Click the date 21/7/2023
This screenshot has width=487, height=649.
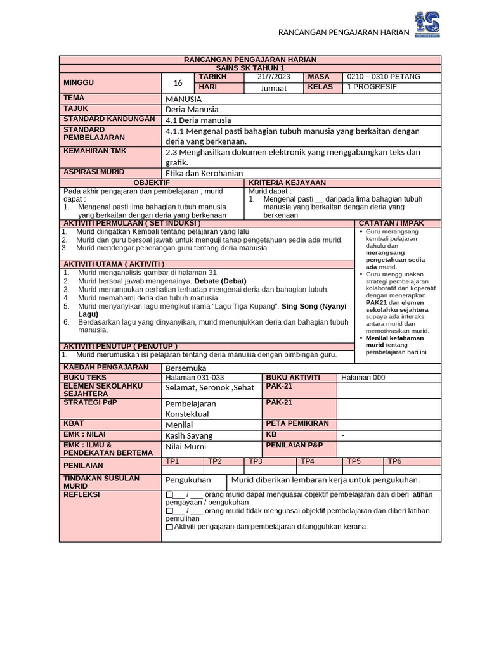(x=273, y=77)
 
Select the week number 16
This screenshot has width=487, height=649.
(x=178, y=82)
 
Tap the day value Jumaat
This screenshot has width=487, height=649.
(x=273, y=88)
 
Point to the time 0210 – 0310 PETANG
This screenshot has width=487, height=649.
(x=384, y=77)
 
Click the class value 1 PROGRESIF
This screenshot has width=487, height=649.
(x=372, y=87)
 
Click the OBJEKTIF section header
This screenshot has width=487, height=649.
(x=152, y=183)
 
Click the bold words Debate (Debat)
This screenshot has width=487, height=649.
(x=220, y=281)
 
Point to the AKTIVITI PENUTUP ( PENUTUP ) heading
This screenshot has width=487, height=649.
(x=120, y=346)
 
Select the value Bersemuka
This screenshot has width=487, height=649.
(x=186, y=368)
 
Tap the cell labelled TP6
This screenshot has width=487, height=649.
(x=394, y=461)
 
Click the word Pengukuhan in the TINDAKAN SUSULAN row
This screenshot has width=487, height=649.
(x=188, y=480)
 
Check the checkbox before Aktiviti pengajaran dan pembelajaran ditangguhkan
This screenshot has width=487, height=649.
(x=169, y=527)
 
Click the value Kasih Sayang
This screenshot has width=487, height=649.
(x=189, y=435)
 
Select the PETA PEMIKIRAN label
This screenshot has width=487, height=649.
(x=297, y=423)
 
